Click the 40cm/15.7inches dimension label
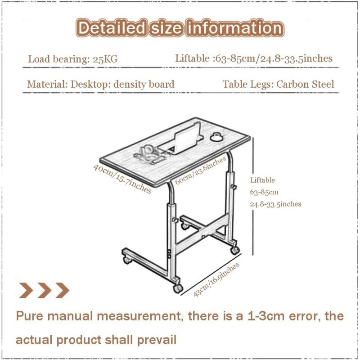coord(122,179)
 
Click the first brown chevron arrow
coord(25,290)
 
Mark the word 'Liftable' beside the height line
coord(262,180)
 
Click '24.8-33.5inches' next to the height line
coord(275,204)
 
